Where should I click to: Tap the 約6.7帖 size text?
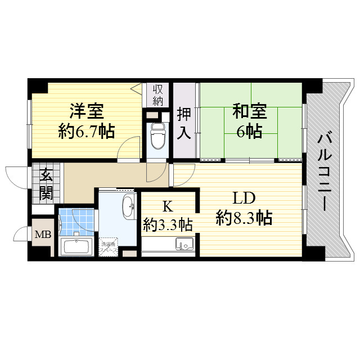(87, 132)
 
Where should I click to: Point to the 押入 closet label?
(183, 123)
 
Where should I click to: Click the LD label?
(244, 198)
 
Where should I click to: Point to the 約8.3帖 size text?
(244, 217)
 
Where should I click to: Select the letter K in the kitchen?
(168, 206)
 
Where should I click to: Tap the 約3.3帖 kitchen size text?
(168, 225)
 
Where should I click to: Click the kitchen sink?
(184, 244)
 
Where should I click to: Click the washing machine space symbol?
(109, 247)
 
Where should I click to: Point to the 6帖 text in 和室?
(249, 132)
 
